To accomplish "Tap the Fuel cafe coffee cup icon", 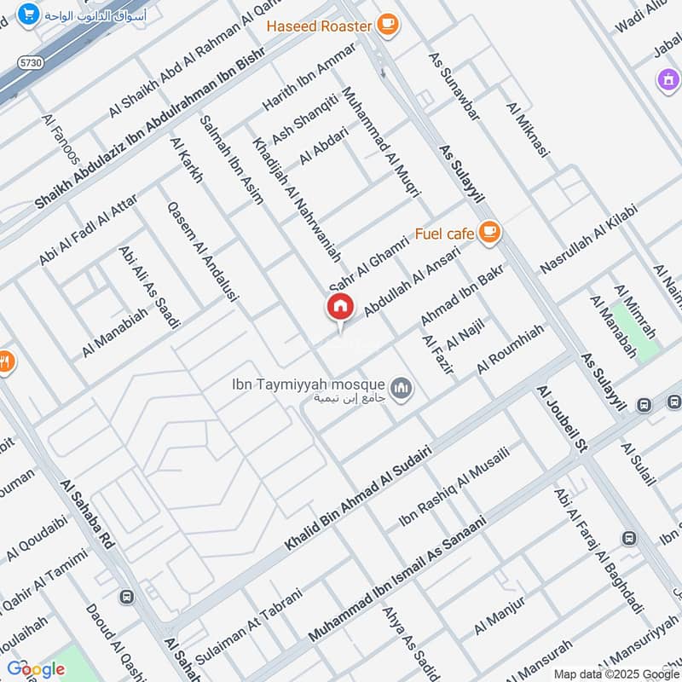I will click(488, 231).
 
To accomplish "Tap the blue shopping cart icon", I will click(28, 14).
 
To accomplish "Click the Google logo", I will click(35, 669).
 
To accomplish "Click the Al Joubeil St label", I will click(564, 419).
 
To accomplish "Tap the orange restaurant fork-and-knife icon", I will click(5, 361).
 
